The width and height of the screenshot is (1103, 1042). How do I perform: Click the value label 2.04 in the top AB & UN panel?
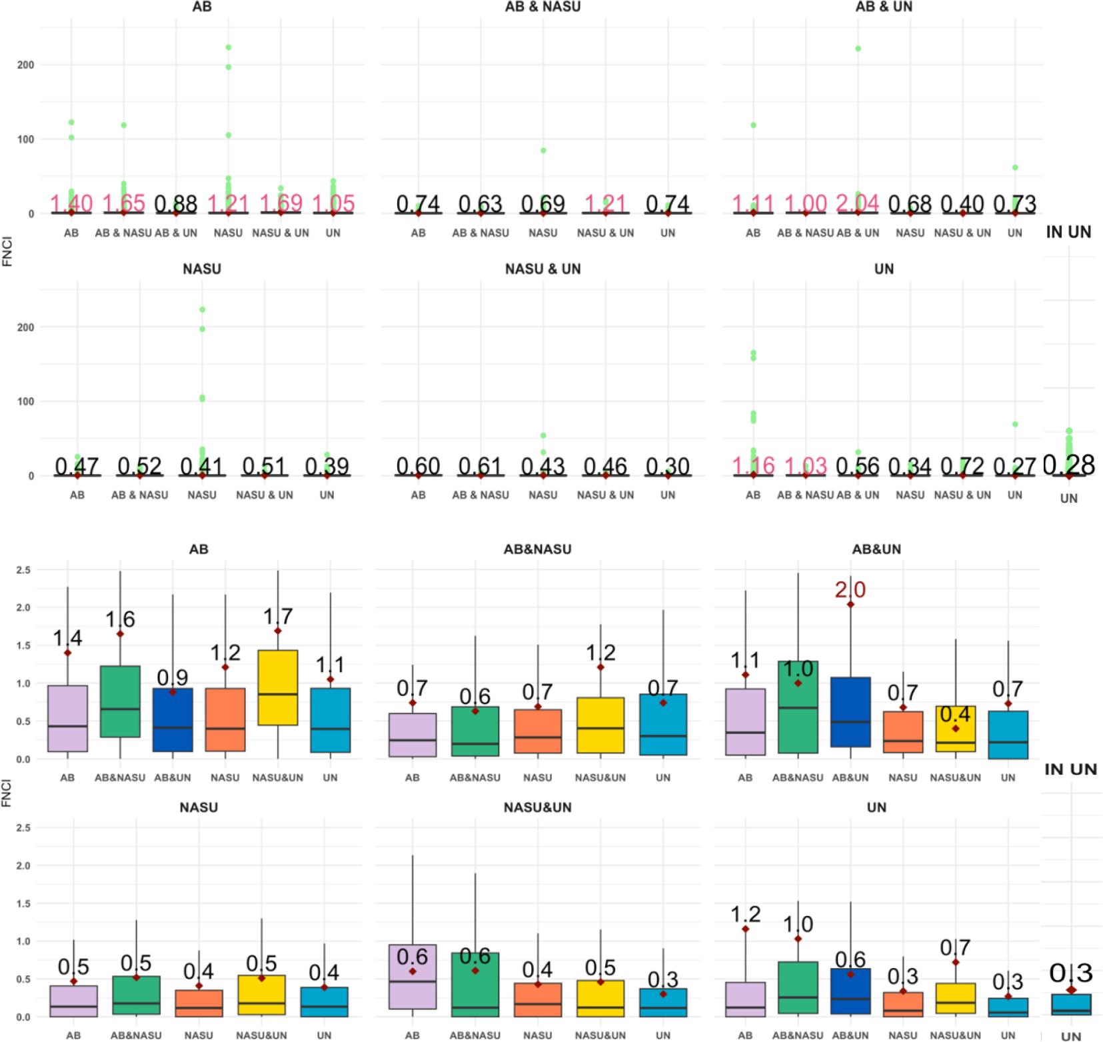[858, 203]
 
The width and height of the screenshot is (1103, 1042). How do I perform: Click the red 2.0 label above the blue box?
[850, 589]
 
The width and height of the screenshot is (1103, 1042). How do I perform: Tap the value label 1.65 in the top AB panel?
[123, 203]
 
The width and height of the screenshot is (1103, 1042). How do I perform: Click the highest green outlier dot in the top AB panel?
[228, 47]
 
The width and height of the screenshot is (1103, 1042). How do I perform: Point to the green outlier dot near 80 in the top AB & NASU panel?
[543, 151]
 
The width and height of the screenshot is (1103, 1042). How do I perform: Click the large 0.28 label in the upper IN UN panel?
[1068, 465]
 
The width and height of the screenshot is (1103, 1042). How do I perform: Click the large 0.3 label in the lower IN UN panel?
[1070, 973]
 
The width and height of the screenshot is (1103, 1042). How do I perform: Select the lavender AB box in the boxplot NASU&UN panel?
[412, 976]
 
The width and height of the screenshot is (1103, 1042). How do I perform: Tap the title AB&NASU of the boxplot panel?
[537, 549]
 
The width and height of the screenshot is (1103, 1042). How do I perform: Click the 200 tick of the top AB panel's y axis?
[26, 65]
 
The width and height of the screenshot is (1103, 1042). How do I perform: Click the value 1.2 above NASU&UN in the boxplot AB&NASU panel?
[600, 653]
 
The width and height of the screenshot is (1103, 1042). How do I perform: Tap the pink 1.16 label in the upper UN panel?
[752, 465]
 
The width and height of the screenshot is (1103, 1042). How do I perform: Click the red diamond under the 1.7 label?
[278, 631]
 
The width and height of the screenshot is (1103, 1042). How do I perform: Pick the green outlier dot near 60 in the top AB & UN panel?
[1015, 167]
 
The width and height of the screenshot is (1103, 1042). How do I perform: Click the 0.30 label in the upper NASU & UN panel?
[667, 465]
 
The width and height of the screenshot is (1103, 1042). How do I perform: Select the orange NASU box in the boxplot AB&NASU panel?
[538, 731]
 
